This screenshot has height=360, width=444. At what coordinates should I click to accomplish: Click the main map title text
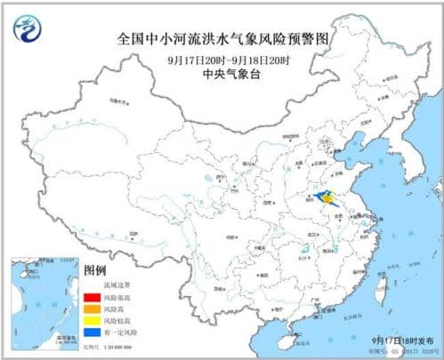tap(222, 39)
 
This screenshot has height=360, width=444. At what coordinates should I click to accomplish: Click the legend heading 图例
tap(94, 269)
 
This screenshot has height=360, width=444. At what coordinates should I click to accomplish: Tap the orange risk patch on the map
tap(331, 202)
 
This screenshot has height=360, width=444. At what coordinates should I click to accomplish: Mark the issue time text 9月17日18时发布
tap(403, 339)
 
